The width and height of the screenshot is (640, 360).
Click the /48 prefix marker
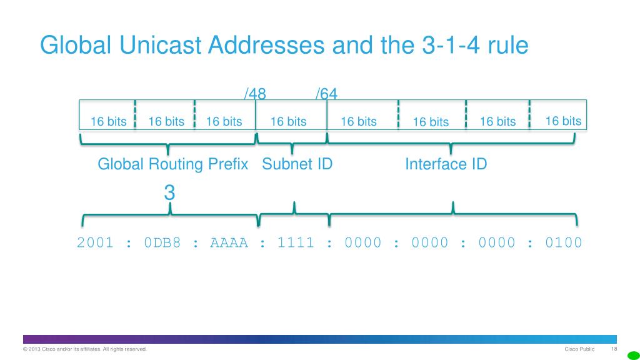click(255, 94)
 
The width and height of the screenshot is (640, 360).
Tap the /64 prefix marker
click(326, 94)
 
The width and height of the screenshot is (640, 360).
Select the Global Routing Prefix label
click(173, 164)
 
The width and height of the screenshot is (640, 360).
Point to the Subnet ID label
click(297, 164)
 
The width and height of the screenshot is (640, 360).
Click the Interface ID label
click(446, 164)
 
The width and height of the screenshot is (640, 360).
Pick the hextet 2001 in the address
click(95, 242)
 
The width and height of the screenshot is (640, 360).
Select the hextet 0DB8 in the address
click(162, 242)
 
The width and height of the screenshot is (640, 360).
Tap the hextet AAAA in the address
click(229, 242)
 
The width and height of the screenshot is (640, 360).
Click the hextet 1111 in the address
click(296, 242)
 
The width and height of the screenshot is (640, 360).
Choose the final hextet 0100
click(563, 242)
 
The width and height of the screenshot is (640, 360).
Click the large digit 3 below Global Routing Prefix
click(169, 193)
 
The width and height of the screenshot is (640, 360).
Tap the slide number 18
click(614, 349)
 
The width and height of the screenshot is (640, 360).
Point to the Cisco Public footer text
click(579, 349)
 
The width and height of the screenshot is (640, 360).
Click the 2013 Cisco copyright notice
click(85, 349)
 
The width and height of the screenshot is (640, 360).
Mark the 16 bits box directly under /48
click(288, 121)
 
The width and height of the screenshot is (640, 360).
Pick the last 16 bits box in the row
click(563, 121)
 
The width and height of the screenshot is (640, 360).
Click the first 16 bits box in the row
click(108, 121)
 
